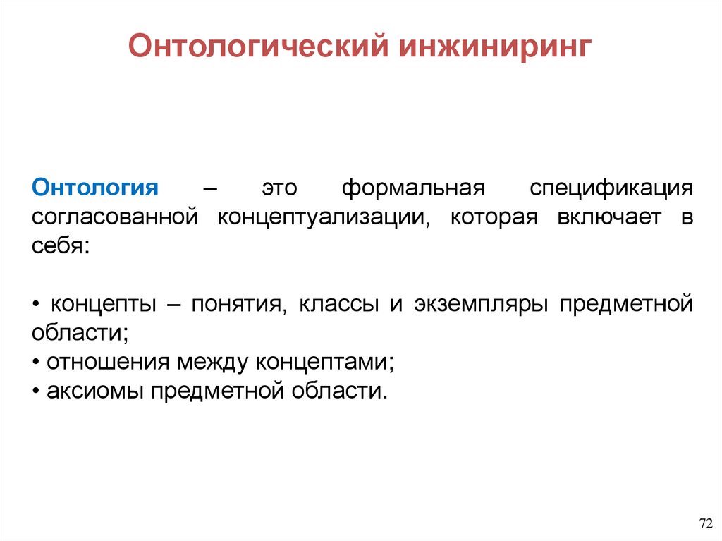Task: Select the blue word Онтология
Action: click(95, 188)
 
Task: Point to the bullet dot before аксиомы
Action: click(36, 391)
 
